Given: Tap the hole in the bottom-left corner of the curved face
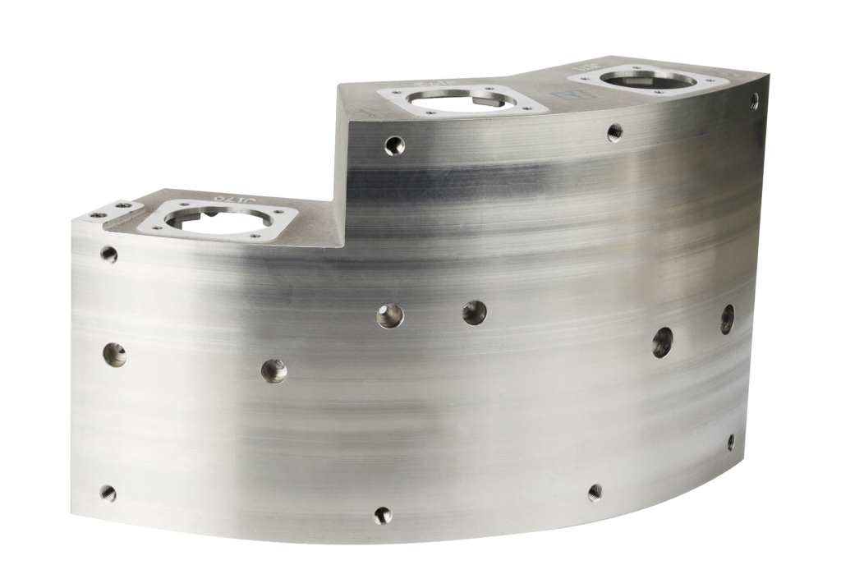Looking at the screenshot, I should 108,493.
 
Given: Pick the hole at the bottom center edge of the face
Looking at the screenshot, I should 383,515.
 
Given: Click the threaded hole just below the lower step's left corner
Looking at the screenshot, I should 108,254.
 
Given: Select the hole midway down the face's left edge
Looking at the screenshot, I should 114,354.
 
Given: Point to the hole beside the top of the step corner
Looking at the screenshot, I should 395,146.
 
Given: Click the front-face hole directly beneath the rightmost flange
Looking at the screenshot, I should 614,131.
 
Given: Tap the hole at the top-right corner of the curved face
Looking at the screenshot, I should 754,102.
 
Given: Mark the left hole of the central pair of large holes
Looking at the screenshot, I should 390,315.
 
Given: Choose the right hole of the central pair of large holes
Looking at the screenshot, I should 474,312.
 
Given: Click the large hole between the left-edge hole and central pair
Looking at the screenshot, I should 274,370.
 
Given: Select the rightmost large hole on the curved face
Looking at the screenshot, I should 727,319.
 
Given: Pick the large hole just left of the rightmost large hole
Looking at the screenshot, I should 662,342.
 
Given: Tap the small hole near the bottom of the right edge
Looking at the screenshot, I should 731,442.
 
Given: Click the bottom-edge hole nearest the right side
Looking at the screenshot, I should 595,492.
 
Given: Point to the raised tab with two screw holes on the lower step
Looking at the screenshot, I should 112,209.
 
